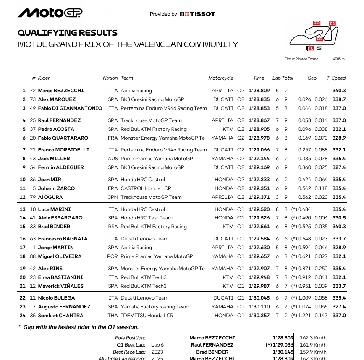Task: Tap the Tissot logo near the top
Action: point(197,14)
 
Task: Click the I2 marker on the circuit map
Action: point(317,23)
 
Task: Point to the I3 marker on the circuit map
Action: point(319,39)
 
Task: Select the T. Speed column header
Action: point(336,78)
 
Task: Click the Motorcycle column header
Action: point(221,78)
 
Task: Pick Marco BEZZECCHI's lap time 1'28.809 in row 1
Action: point(259,91)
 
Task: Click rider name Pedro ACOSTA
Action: point(56,129)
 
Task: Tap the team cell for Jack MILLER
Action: point(157,159)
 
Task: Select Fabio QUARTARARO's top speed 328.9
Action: point(339,138)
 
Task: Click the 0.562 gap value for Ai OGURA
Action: point(305,197)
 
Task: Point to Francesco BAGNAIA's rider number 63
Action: point(33,239)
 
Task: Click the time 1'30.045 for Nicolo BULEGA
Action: point(259,298)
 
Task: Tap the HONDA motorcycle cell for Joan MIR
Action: point(224,180)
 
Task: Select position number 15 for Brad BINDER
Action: point(23,227)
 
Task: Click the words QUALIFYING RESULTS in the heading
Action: point(68,33)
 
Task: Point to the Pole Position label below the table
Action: point(130,338)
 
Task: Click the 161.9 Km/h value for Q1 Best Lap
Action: point(316,345)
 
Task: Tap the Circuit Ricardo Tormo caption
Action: point(301,59)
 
